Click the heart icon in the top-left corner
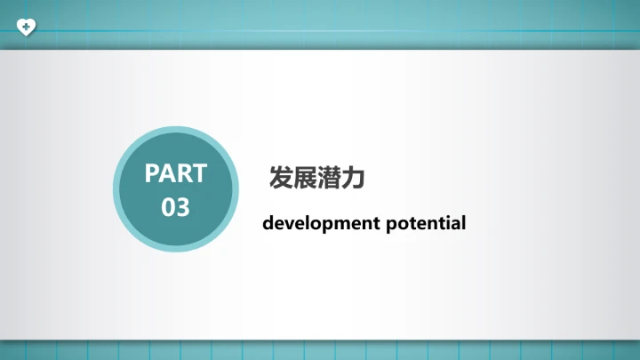pos(28,27)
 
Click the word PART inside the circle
pos(176,172)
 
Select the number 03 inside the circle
pos(176,207)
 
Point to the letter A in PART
pos(169,172)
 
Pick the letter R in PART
pos(184,172)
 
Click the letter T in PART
pos(198,172)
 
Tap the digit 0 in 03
pos(169,207)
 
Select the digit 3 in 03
pos(183,207)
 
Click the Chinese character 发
pos(281,178)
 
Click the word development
pos(321,223)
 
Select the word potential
pos(426,223)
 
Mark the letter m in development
pos(335,223)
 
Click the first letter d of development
pos(268,223)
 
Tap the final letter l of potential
pos(463,222)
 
